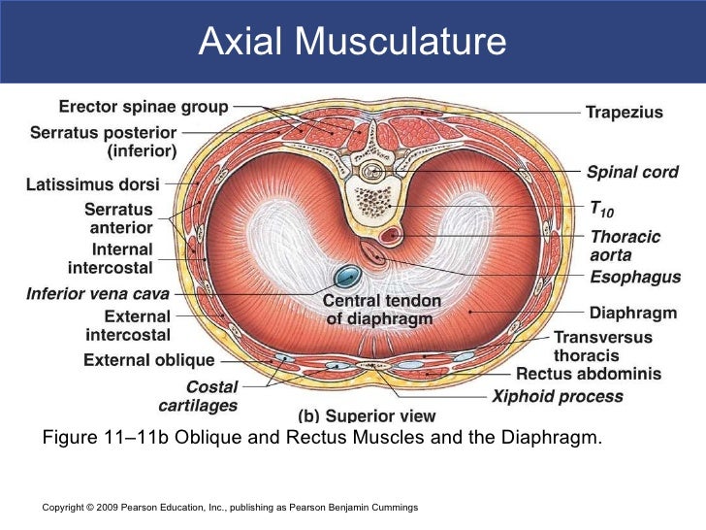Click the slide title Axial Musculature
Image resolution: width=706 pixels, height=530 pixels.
coord(352,42)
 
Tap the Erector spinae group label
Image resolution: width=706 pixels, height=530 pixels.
coord(144,107)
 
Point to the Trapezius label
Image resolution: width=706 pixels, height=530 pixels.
coord(624,113)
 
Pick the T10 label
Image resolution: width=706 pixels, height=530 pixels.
coord(601,209)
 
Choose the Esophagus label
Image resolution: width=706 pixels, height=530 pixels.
coord(635,278)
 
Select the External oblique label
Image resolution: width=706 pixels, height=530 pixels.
coord(148,360)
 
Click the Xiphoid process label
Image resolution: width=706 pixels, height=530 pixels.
coord(558,396)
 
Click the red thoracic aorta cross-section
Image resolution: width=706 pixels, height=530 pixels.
coord(393,236)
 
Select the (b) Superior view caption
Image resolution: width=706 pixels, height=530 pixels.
coord(359,415)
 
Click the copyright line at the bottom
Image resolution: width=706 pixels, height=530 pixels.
coord(230,508)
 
